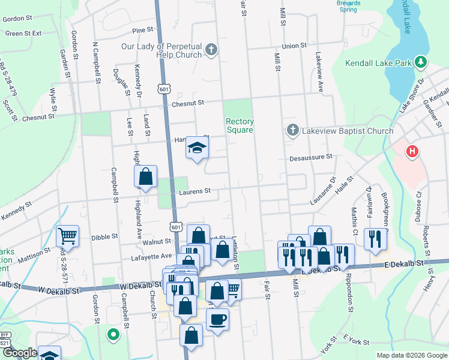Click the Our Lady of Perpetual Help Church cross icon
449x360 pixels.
click(211, 50)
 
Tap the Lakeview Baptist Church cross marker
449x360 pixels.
click(292, 130)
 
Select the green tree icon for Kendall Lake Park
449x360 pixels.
click(421, 62)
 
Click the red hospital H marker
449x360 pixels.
click(412, 151)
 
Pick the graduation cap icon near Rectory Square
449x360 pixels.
click(196, 147)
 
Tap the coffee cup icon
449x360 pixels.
click(217, 319)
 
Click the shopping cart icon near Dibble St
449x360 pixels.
click(67, 236)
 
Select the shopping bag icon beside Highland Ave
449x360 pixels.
click(145, 176)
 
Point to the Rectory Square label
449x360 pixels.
click(239, 125)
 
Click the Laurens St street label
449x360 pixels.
click(195, 191)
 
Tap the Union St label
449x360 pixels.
click(294, 46)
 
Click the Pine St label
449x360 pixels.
click(143, 30)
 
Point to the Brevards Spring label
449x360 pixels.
click(348, 6)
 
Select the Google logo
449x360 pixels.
click(20, 353)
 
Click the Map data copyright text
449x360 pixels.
click(411, 355)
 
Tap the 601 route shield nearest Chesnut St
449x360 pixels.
click(163, 89)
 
